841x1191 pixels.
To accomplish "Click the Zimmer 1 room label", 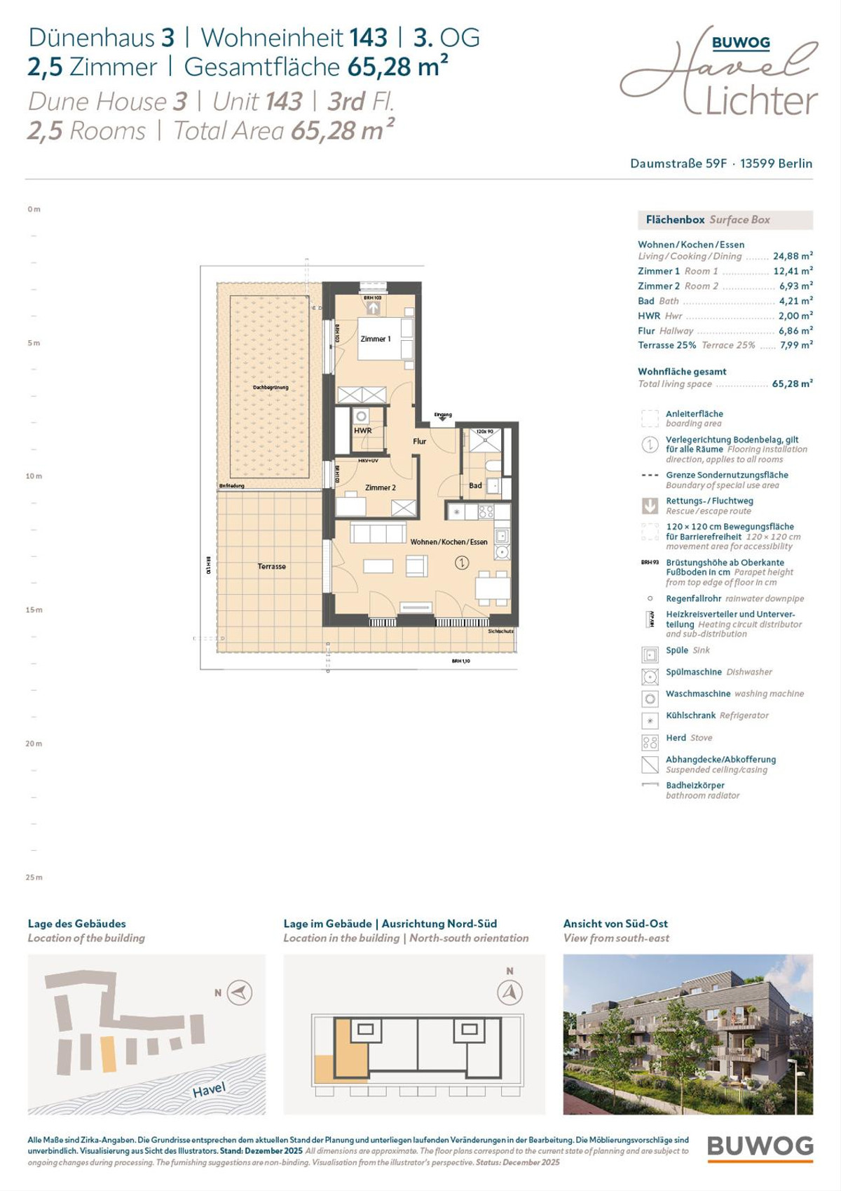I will click(x=376, y=339).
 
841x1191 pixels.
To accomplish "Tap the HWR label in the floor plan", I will click(x=362, y=431).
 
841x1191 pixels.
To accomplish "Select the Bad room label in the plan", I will click(x=475, y=485).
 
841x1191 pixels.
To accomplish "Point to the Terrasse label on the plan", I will click(x=271, y=566).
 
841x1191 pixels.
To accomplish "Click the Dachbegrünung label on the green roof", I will click(x=271, y=387).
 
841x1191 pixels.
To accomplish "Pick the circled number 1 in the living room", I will click(x=461, y=562).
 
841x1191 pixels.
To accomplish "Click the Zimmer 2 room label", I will click(x=380, y=487).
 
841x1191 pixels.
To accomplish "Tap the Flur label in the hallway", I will click(x=419, y=441).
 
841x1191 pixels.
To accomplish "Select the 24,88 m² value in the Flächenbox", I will click(x=793, y=257).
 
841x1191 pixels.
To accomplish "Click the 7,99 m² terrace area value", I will click(x=795, y=345).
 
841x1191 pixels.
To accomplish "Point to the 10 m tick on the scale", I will click(x=34, y=476).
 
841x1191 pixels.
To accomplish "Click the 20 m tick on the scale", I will click(x=34, y=743).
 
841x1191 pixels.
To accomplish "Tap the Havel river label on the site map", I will click(x=209, y=1090).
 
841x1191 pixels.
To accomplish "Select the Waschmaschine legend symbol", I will click(x=650, y=699).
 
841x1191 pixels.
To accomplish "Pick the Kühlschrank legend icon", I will click(x=650, y=720).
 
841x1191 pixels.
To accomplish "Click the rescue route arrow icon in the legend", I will click(x=650, y=506).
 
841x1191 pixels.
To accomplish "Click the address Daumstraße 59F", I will click(x=678, y=163).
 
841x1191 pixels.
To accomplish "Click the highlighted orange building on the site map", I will click(x=109, y=1054).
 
